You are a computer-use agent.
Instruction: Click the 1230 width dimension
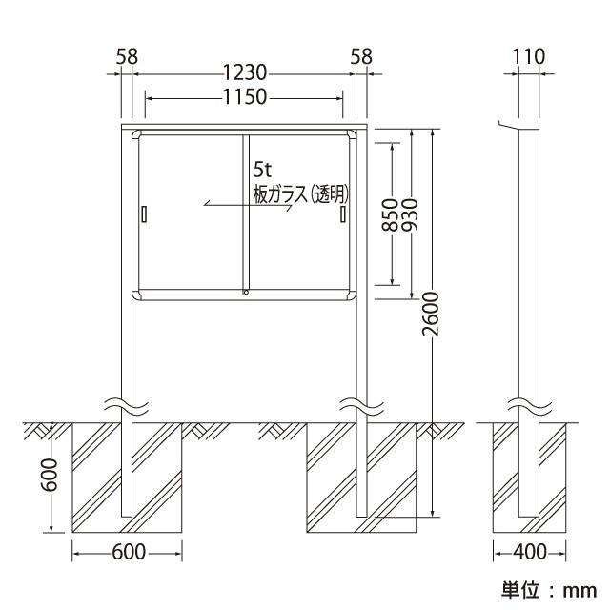[x=245, y=72]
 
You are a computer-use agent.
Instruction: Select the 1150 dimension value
[x=245, y=97]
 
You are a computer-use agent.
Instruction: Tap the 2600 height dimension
[x=431, y=314]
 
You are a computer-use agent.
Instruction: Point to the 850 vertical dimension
[x=390, y=214]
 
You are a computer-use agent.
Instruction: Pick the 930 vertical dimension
[x=409, y=214]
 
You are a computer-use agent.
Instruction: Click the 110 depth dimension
[x=529, y=57]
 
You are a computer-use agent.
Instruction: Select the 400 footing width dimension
[x=530, y=552]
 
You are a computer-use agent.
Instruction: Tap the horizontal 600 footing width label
[x=129, y=552]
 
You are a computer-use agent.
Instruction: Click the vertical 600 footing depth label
[x=50, y=475]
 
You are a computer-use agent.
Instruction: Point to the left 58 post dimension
[x=127, y=57]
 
